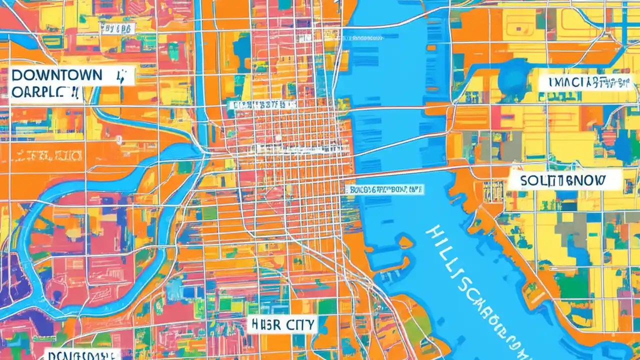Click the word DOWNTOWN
coord(56,76)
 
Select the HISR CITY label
coord(282,325)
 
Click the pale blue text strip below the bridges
coord(384,189)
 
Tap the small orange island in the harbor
coord(405,242)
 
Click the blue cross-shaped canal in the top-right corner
coord(625,22)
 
